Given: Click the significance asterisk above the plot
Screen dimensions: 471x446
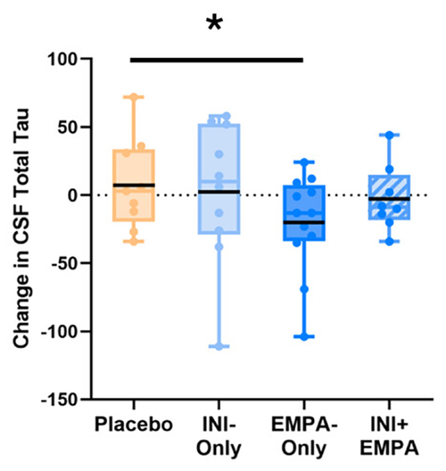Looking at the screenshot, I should coord(216,24).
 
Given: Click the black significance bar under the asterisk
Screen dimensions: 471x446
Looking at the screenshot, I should coord(217,60).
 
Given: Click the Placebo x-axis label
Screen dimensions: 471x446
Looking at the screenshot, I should coord(133,426).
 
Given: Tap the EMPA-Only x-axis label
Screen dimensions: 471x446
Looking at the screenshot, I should coord(303,436).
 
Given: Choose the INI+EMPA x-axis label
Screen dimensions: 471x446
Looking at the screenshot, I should coord(390,436).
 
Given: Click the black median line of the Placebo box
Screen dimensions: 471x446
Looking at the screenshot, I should coord(133,185).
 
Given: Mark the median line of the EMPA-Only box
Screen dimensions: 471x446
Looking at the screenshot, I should coord(304,222).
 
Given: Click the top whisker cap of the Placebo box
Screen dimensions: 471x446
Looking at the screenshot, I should coord(133,97).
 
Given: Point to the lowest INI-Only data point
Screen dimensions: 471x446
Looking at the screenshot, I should coord(218,346).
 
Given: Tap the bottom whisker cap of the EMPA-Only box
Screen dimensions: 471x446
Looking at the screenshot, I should coord(304,336).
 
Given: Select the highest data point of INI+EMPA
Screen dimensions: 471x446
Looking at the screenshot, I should coord(390,135).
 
